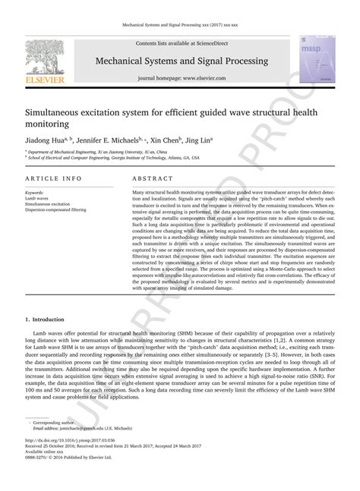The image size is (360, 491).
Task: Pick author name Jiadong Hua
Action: click(x=44, y=140)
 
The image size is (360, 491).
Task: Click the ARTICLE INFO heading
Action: click(x=54, y=178)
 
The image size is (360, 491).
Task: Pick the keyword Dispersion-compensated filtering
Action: click(x=56, y=209)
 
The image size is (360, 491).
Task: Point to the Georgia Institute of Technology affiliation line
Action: click(x=114, y=158)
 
